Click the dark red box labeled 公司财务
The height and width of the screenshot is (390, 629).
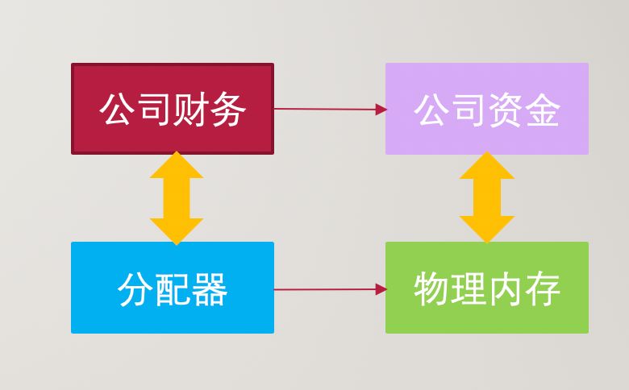(x=173, y=109)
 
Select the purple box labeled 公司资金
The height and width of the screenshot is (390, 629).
(x=487, y=109)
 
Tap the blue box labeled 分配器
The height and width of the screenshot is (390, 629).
(x=173, y=288)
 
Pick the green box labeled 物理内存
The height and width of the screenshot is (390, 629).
(x=487, y=288)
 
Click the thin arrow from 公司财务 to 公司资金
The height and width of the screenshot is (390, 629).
(x=331, y=109)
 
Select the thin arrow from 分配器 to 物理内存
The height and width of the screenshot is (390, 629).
(x=331, y=289)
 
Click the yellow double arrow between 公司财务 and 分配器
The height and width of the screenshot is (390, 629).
(x=177, y=198)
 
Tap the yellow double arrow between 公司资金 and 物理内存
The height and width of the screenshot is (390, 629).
(x=487, y=197)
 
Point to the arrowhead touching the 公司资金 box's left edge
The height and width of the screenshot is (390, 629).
(x=381, y=110)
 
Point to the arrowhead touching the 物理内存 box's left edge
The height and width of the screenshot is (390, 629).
(x=381, y=289)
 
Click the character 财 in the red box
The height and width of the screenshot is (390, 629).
(x=190, y=110)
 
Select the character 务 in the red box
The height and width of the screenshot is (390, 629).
(x=227, y=110)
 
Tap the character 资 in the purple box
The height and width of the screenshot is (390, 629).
(x=505, y=110)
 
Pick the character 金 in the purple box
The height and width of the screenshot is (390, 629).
(x=542, y=110)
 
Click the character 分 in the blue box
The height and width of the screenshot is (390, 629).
(x=135, y=289)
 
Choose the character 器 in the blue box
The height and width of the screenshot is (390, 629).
(x=210, y=289)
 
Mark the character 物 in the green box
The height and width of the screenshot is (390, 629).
(x=431, y=288)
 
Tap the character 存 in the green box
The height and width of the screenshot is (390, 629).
(x=543, y=288)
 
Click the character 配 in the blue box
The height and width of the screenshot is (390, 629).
(x=172, y=289)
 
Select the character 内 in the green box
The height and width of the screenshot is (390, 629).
(x=506, y=288)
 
